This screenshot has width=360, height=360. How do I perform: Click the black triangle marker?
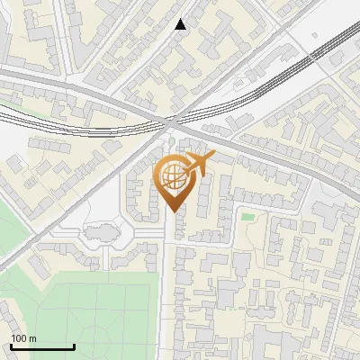[x=181, y=24]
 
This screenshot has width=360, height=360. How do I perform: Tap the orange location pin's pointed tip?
[x=172, y=212]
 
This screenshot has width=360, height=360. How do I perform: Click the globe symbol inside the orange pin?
[x=175, y=177]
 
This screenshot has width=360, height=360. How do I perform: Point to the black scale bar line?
[x=41, y=347]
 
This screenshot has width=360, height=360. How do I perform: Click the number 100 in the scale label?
[x=19, y=338]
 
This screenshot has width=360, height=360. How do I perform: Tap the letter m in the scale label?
[x=32, y=338]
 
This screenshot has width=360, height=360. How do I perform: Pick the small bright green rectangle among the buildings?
[x=247, y=216]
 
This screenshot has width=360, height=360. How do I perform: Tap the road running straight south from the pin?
[x=169, y=288]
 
